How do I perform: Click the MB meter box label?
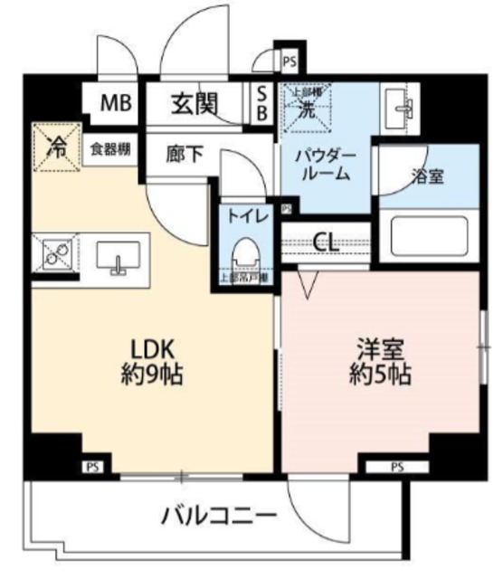(x=115, y=102)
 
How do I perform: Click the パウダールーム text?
(x=326, y=165)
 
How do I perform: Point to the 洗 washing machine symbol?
(x=307, y=109)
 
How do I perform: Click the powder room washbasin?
(x=398, y=109)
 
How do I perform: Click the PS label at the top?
(x=289, y=62)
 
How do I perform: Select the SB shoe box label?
(x=261, y=102)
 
